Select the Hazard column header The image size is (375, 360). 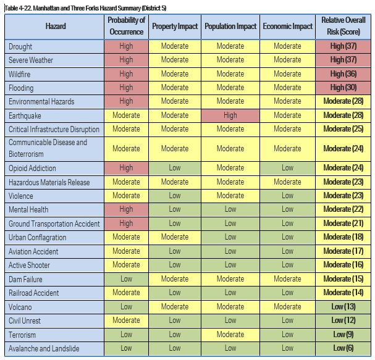pos(54,27)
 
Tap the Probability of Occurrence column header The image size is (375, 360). pos(126,27)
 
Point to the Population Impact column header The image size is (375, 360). pos(230,27)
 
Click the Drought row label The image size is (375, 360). pos(21,46)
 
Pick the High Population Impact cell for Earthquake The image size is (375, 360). pos(230,115)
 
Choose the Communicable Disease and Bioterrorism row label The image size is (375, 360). pos(48,148)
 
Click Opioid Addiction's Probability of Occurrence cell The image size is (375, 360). pos(126,168)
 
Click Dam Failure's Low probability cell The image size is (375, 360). pos(126,279)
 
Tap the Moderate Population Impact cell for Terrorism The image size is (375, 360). pos(230,335)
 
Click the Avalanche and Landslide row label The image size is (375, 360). pos(44,348)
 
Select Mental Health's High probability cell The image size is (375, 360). pos(126,209)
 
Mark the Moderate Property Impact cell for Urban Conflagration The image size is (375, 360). pos(175,237)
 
